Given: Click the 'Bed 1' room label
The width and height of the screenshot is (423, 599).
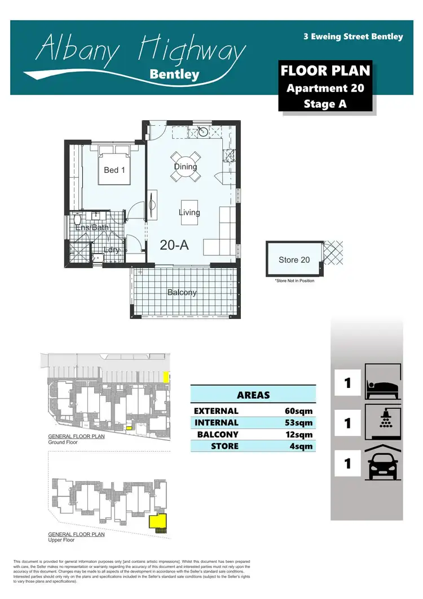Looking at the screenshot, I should point(114,169).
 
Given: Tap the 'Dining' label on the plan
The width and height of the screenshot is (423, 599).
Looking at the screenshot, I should point(186,167).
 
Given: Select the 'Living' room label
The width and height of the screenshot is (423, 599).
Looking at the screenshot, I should point(190,213).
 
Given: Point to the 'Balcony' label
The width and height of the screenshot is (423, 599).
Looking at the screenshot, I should point(182,292).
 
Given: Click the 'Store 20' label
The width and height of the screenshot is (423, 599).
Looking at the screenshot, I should point(294,260).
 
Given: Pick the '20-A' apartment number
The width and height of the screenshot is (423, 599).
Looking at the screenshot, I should point(174,245).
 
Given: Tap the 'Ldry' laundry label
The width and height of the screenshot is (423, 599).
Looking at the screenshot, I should point(111,250).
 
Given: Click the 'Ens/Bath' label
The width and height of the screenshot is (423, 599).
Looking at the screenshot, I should point(92,228).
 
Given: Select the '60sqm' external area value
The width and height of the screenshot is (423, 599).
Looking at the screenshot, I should point(299,411).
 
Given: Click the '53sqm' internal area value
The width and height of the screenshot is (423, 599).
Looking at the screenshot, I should point(299,423).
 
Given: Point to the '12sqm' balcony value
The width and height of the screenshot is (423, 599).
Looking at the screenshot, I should point(299,435).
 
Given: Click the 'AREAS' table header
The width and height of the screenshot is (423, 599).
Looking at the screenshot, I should point(253,395).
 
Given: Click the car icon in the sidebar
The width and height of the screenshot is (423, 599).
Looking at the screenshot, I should point(383,464).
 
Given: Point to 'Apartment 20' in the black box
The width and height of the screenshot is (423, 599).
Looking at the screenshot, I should point(325,88).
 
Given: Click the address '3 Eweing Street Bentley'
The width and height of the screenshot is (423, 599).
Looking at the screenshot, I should point(353,37).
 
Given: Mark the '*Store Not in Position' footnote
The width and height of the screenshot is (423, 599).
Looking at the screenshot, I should point(294,281).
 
